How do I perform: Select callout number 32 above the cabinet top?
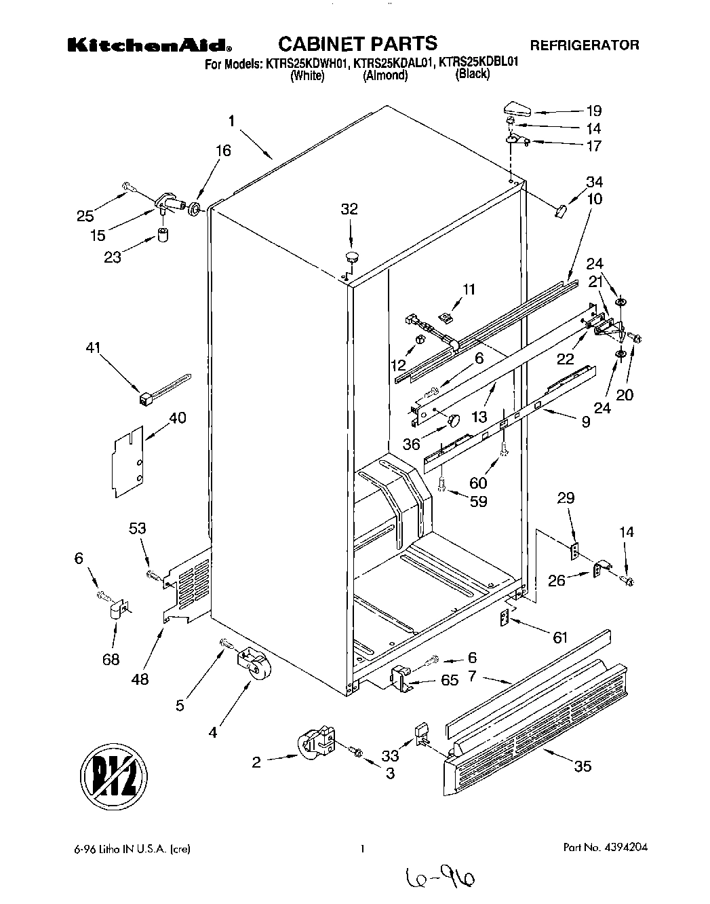[349, 209]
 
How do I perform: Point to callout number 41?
[93, 348]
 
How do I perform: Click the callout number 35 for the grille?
[583, 766]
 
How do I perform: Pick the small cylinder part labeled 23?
[163, 236]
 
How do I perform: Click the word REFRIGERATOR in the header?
[584, 45]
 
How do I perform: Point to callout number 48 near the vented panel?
[141, 679]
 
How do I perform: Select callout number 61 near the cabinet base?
[559, 637]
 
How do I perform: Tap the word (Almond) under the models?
[385, 76]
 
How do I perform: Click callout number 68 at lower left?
[111, 660]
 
